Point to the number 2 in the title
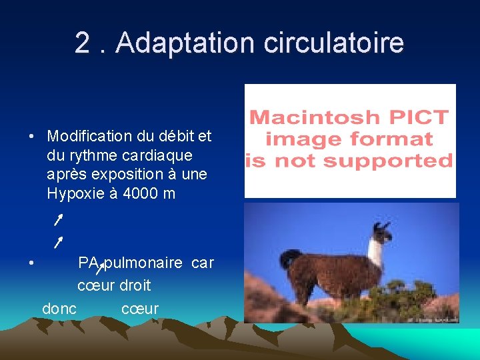pos(83,43)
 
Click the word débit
pos(175,137)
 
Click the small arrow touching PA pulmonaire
pos(100,269)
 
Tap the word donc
pos(59,309)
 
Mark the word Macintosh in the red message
pos(305,118)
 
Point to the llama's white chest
pos(376,254)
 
